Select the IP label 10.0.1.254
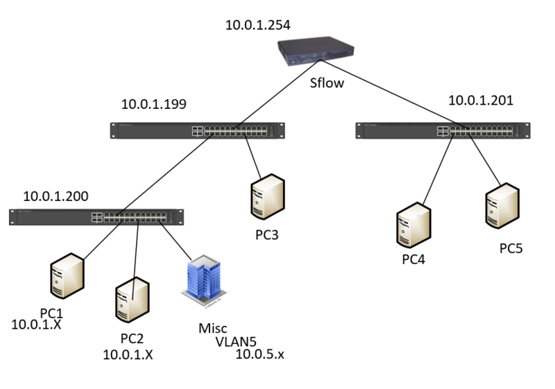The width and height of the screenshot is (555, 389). [x=257, y=26]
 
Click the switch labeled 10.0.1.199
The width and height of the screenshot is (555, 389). [x=198, y=131]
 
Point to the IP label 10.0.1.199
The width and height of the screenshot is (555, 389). [x=154, y=105]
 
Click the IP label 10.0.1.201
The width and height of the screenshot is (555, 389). [x=481, y=101]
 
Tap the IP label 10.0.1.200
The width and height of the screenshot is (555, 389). [x=55, y=196]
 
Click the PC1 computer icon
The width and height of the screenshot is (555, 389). [x=67, y=280]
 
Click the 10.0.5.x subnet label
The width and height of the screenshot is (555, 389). [x=260, y=355]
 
